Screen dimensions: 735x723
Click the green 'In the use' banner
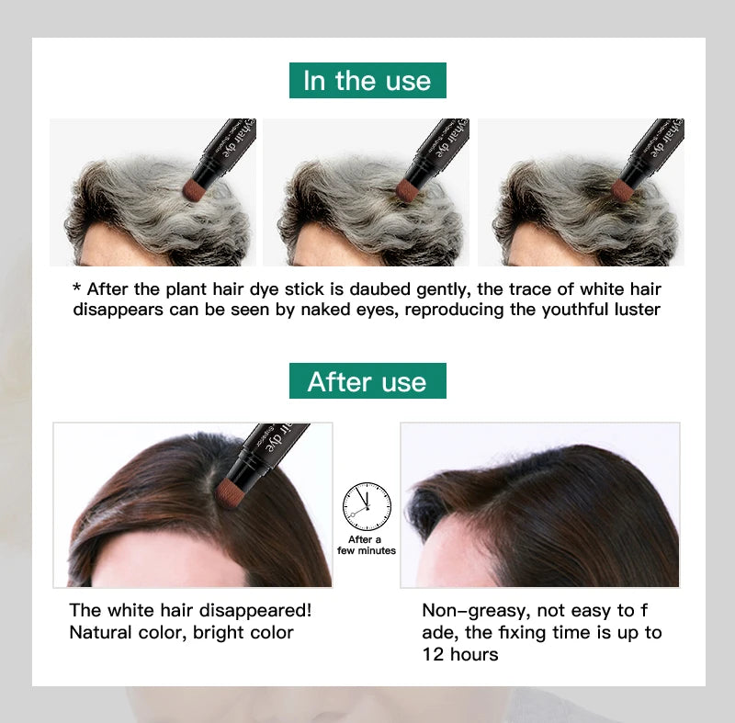click(367, 80)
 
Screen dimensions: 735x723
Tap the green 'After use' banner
click(367, 380)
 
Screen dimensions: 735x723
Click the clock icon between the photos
click(367, 506)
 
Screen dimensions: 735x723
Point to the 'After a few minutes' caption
click(366, 545)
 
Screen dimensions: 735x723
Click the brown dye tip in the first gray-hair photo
click(193, 189)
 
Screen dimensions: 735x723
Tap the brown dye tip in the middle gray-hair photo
click(407, 189)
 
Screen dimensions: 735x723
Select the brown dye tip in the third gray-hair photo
click(622, 188)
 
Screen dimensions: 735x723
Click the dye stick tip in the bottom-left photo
click(228, 491)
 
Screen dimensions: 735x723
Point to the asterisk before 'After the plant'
click(77, 287)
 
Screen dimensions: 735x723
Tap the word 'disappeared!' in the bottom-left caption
click(255, 611)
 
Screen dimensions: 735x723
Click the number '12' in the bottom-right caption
click(433, 654)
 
